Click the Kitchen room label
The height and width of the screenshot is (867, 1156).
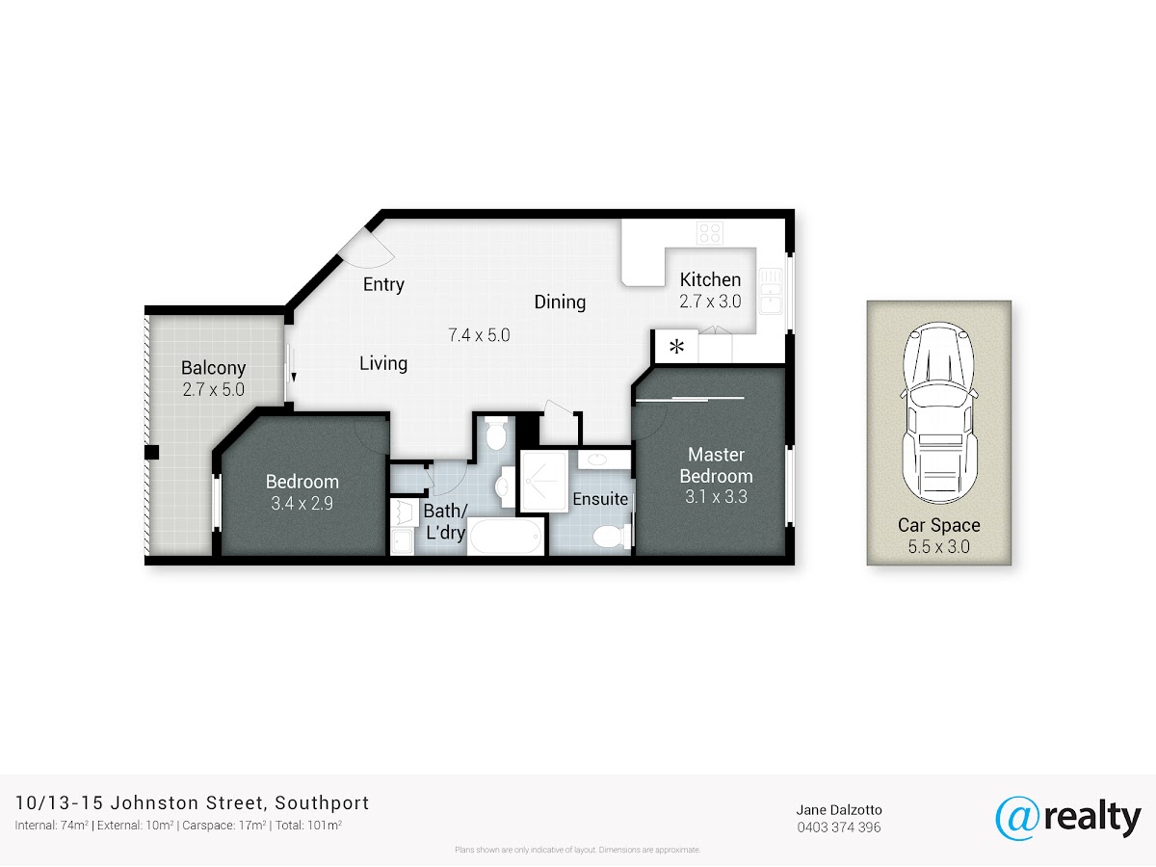tap(710, 279)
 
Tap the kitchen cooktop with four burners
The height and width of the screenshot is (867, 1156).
tap(710, 232)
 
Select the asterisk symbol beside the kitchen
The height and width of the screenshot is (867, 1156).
tap(676, 347)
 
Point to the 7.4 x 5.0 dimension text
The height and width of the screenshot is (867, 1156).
tap(479, 335)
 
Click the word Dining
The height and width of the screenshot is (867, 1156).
tap(560, 302)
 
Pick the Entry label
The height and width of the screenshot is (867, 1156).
tap(383, 285)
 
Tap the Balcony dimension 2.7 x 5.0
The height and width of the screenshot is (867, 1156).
tap(213, 389)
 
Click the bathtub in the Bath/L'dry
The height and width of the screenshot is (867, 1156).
tap(506, 536)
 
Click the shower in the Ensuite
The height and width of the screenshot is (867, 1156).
tap(544, 481)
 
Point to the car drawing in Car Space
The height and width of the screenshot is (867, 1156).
tap(939, 412)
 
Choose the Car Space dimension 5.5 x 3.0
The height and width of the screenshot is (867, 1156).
tap(938, 546)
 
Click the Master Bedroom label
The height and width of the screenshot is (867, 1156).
tap(717, 465)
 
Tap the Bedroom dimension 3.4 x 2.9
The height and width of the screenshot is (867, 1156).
tap(302, 503)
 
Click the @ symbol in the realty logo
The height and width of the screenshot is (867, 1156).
tap(1017, 819)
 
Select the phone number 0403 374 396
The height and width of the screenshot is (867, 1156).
tap(839, 828)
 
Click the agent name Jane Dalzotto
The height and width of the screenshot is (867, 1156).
tap(839, 810)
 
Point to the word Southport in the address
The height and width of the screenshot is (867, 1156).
tap(322, 803)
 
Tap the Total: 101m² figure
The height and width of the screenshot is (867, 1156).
tap(308, 826)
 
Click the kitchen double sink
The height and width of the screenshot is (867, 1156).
tap(771, 291)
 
